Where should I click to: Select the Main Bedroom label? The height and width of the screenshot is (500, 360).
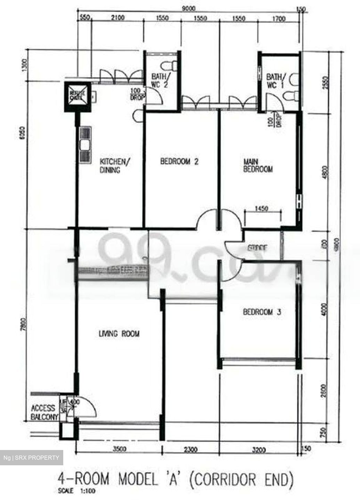coord(257,166)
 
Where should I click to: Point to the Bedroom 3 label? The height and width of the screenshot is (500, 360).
coord(262,312)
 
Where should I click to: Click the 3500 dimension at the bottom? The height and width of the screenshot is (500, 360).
coord(119,450)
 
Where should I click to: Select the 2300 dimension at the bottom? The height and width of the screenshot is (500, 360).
coord(190,450)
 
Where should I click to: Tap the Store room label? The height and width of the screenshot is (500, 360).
coord(257,248)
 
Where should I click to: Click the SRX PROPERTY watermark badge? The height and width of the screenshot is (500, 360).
coord(31,458)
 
